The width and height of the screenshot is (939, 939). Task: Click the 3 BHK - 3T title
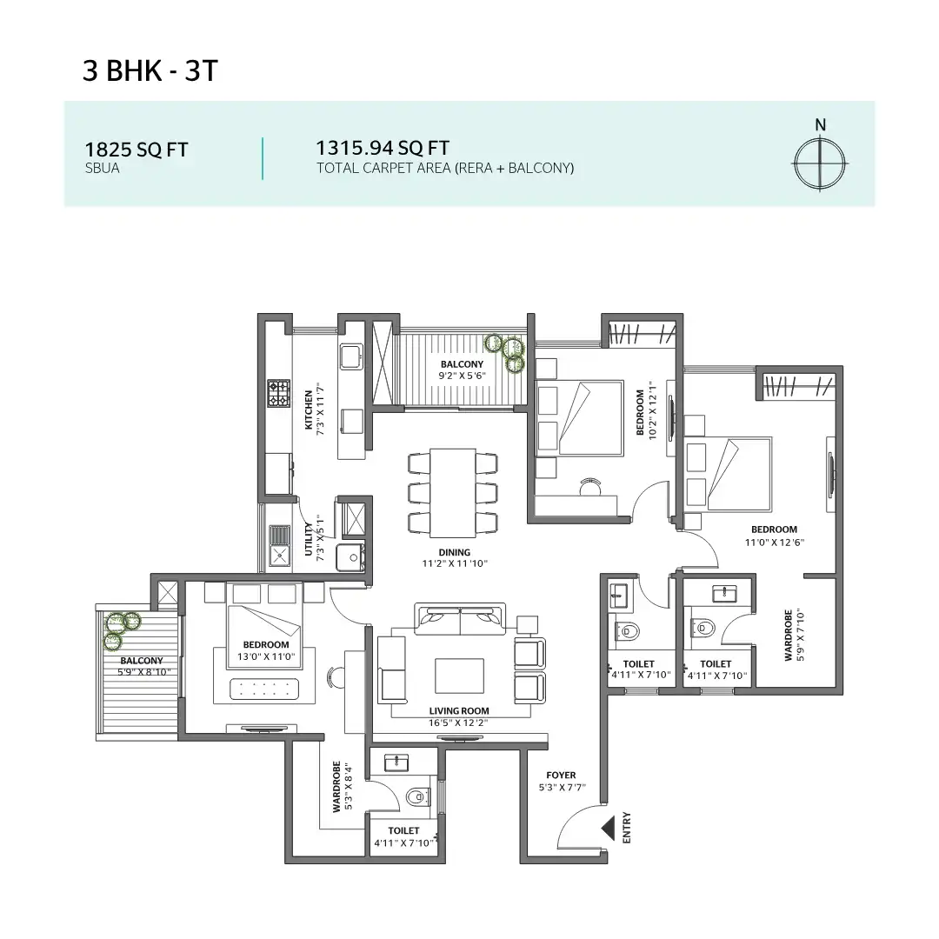149,71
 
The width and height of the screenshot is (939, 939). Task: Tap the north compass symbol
820,163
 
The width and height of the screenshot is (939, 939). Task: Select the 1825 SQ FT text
136,149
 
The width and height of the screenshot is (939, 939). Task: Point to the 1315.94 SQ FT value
383,148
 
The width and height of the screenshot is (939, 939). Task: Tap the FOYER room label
561,776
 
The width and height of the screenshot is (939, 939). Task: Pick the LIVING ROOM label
458,710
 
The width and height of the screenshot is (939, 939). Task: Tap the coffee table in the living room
459,676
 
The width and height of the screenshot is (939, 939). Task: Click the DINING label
454,552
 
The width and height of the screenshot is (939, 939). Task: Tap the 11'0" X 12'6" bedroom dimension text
774,542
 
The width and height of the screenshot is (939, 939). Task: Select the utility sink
279,555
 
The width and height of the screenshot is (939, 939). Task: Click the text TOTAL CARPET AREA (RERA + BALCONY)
445,168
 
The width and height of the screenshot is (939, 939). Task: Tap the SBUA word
102,169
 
